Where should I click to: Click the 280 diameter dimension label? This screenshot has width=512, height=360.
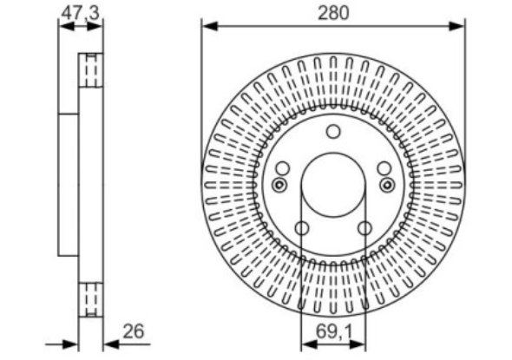333,13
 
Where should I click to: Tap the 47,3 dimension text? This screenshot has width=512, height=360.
81,14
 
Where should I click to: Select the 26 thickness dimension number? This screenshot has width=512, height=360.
134,331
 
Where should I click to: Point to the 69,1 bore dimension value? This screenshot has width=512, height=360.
334,332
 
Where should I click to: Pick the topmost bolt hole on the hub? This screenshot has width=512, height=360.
333,132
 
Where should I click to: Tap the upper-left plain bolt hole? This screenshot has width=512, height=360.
282,168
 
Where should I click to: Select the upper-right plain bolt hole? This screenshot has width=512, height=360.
384,168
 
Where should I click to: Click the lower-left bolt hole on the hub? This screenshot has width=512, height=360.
302,228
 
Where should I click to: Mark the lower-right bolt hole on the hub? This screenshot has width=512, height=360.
364,228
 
